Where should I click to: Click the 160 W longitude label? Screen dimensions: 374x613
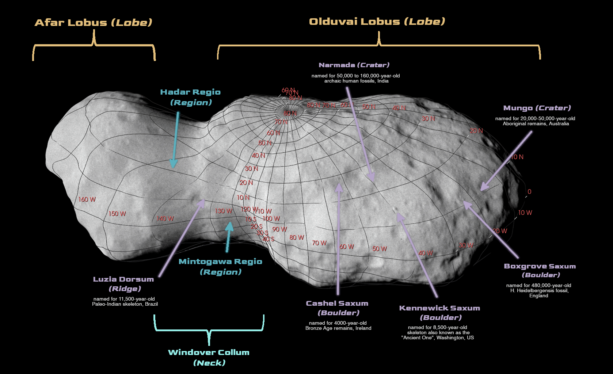click(87, 199)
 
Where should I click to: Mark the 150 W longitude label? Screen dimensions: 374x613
click(117, 214)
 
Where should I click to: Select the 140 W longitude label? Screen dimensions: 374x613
click(165, 219)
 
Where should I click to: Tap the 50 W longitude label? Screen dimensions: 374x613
click(380, 249)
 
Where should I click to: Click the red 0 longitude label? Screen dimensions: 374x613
click(529, 192)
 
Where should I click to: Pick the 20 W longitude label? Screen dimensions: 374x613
click(500, 231)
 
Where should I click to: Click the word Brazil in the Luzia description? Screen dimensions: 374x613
click(151, 304)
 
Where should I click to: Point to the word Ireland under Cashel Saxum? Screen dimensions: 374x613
click(363, 328)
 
